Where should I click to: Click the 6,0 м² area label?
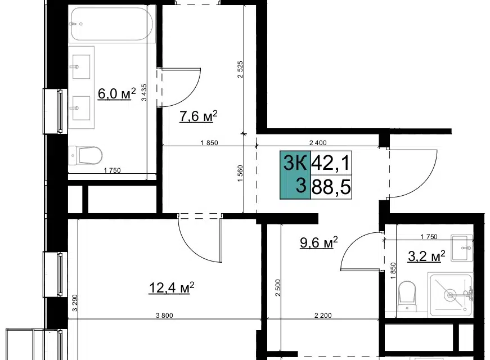(x=117, y=93)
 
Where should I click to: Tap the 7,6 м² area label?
(x=198, y=116)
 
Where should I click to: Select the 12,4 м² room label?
(x=172, y=287)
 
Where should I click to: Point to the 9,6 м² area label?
(x=319, y=242)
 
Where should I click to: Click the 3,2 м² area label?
(x=426, y=256)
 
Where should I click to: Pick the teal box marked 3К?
(x=295, y=175)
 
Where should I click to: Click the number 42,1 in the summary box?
(x=331, y=163)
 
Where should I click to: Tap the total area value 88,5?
(x=331, y=187)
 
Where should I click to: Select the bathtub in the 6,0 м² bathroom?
(x=112, y=24)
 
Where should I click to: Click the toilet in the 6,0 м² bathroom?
(x=86, y=155)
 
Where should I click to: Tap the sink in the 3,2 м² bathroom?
(x=462, y=247)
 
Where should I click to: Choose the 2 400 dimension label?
(x=318, y=143)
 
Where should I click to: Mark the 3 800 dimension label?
(x=164, y=316)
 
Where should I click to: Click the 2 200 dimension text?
(x=323, y=316)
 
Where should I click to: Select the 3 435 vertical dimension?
(x=144, y=92)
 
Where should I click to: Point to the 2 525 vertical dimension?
(x=240, y=69)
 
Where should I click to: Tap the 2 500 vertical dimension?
(x=278, y=288)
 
